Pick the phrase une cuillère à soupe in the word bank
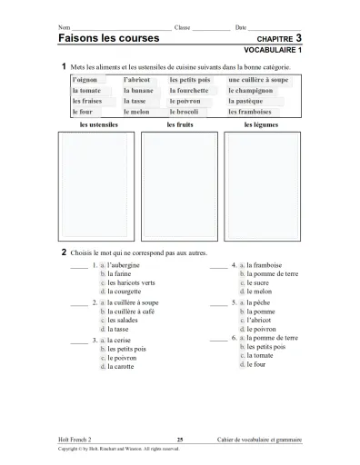tap(258, 80)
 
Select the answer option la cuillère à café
tap(131, 311)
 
